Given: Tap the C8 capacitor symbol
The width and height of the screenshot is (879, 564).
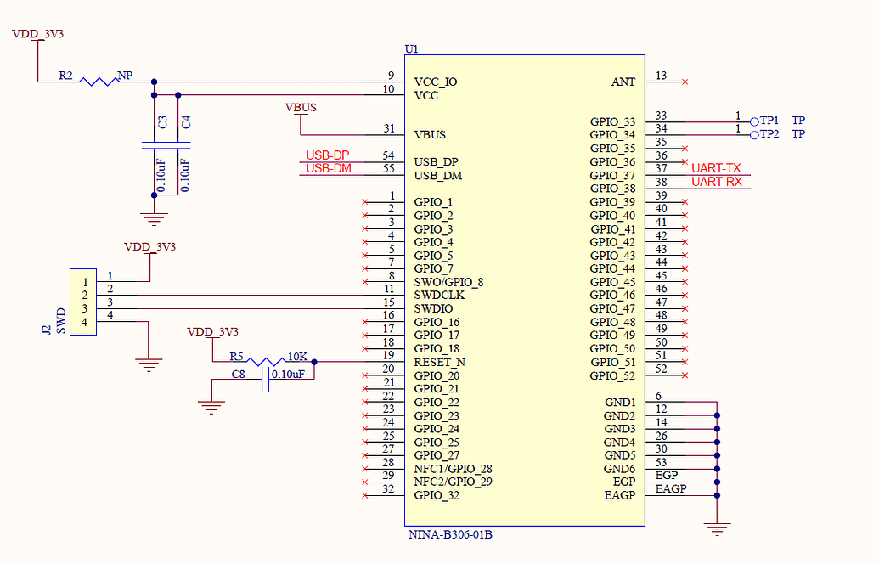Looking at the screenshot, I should (x=267, y=379).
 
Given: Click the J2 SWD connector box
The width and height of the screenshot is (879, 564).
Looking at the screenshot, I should (x=83, y=302).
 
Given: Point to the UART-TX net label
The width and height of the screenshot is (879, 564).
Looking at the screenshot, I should (x=716, y=169).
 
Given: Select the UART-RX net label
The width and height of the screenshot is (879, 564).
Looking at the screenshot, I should (x=716, y=182).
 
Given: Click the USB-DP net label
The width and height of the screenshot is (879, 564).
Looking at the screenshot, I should (x=327, y=155).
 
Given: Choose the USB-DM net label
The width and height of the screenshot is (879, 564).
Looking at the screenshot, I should (x=328, y=168).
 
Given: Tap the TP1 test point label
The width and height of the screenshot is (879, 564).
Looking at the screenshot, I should (x=769, y=121).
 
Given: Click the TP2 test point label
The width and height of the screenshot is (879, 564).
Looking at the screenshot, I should (x=769, y=134).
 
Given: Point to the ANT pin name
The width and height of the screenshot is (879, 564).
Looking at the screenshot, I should (x=623, y=82).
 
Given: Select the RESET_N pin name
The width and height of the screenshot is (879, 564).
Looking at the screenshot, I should (x=439, y=362).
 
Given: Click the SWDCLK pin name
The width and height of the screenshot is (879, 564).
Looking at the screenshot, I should (x=440, y=296).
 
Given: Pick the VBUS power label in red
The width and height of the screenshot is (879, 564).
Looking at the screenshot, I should (x=301, y=108).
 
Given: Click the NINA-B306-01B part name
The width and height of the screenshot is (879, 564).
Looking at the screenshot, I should (x=450, y=535).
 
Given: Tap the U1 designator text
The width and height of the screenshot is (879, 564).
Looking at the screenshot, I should (x=412, y=49).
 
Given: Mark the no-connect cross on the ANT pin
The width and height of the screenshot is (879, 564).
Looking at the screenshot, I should (x=685, y=82).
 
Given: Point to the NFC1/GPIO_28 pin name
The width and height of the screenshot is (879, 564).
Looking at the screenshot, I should (x=453, y=469).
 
